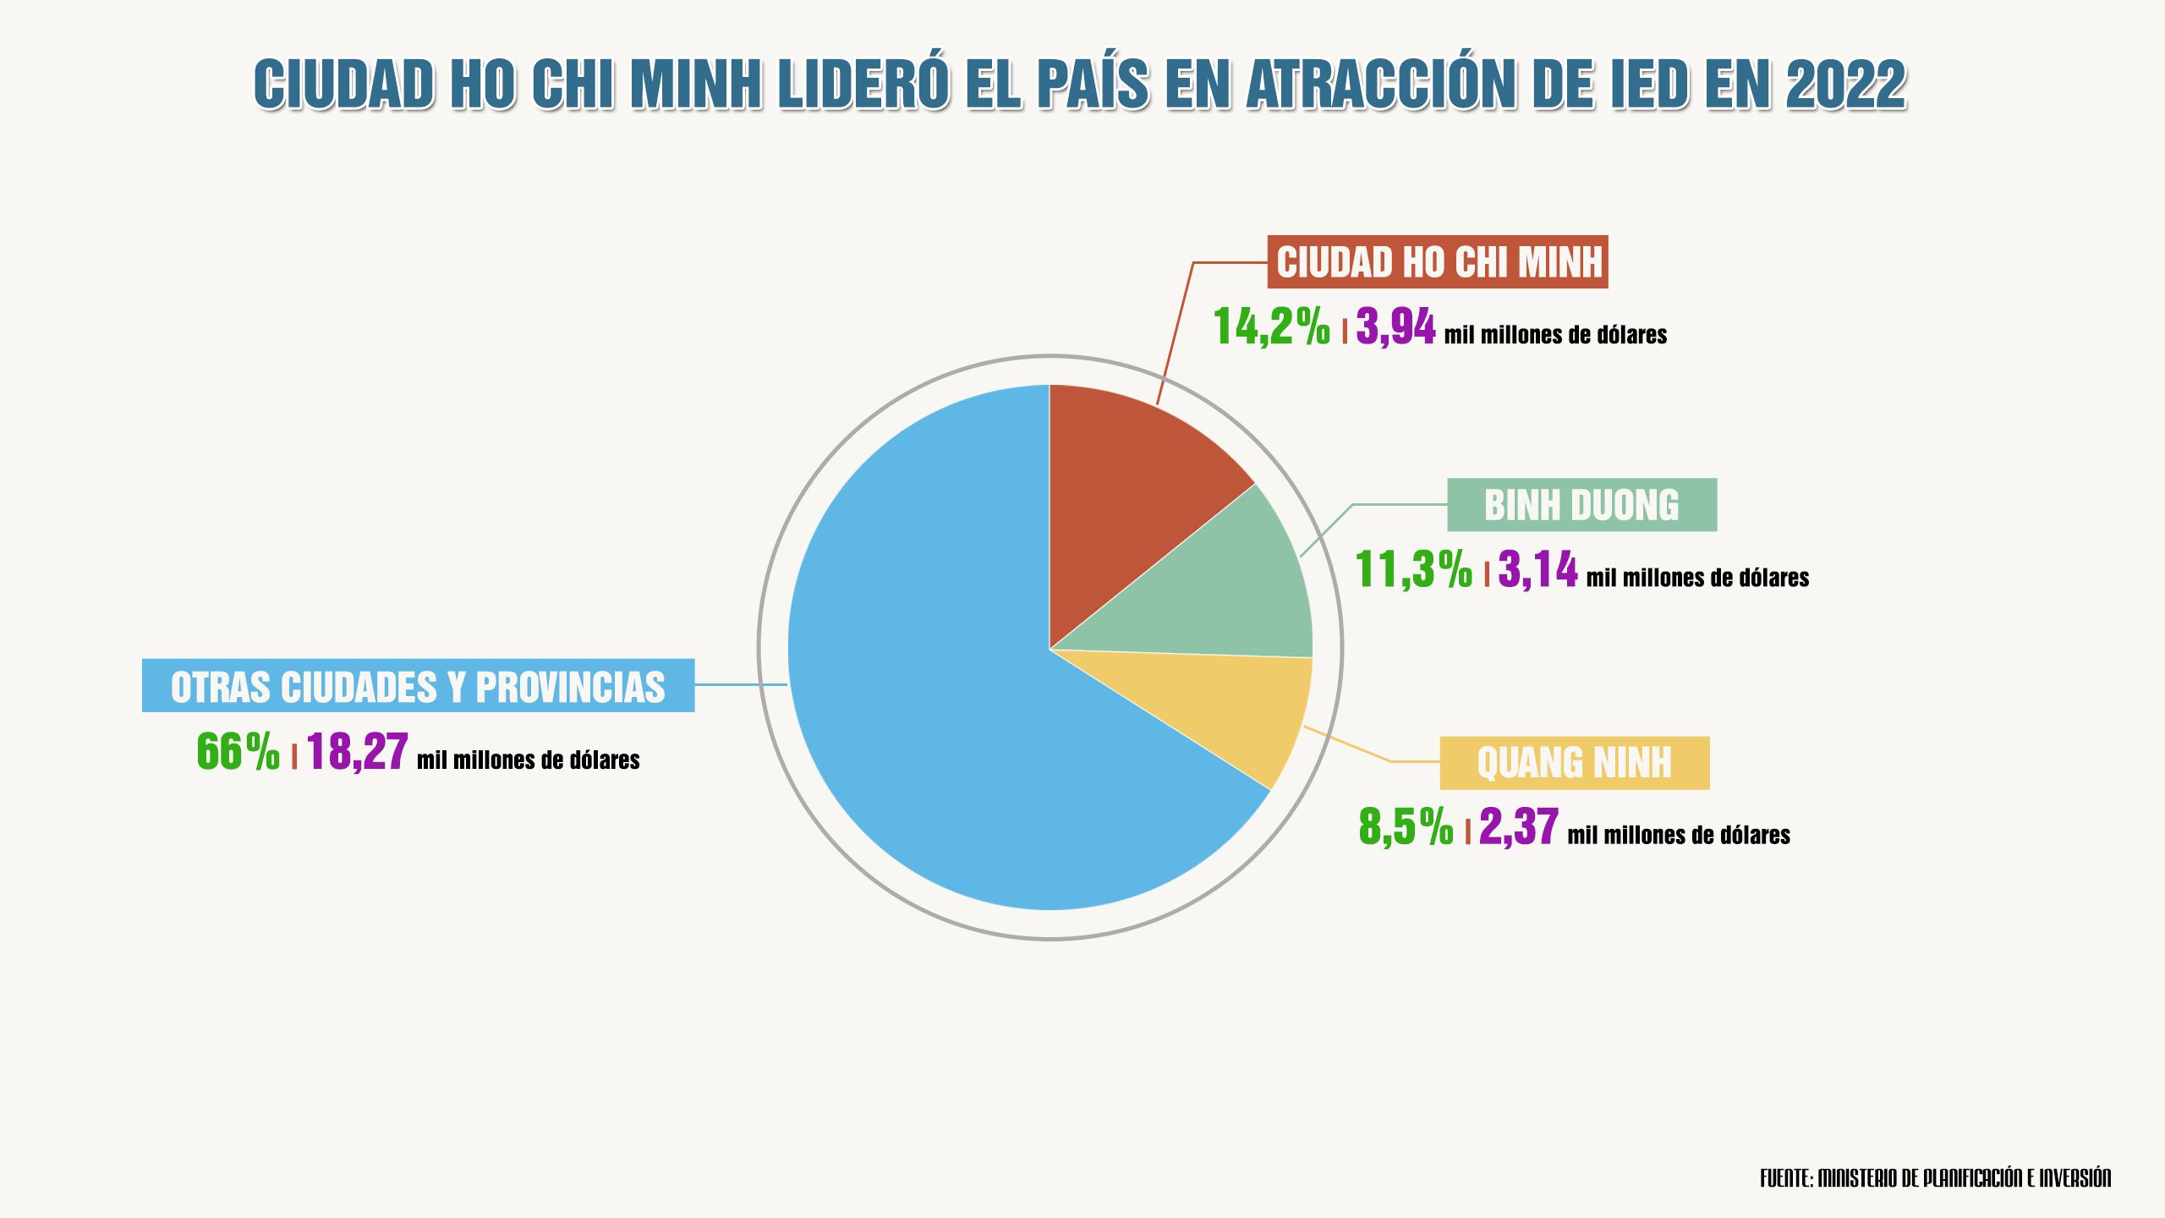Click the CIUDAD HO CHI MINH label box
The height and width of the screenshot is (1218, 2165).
tap(1438, 262)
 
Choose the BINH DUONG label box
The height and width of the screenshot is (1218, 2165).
tap(1581, 505)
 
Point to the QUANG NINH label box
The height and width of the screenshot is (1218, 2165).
tap(1574, 763)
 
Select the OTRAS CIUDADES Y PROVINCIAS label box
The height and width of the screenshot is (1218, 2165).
tap(418, 686)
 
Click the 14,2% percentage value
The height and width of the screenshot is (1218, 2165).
tap(1271, 327)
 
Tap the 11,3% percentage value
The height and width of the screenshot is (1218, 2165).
tap(1413, 570)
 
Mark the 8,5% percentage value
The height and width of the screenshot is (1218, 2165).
tap(1406, 827)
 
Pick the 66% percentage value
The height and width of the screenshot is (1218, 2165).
tap(238, 752)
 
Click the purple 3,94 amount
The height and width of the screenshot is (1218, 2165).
tap(1395, 327)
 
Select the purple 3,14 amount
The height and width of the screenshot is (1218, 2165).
tap(1537, 570)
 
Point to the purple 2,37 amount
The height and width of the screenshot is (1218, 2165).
tap(1518, 827)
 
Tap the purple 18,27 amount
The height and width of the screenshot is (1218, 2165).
tap(358, 752)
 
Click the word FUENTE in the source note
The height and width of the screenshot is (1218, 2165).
tap(1785, 1178)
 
